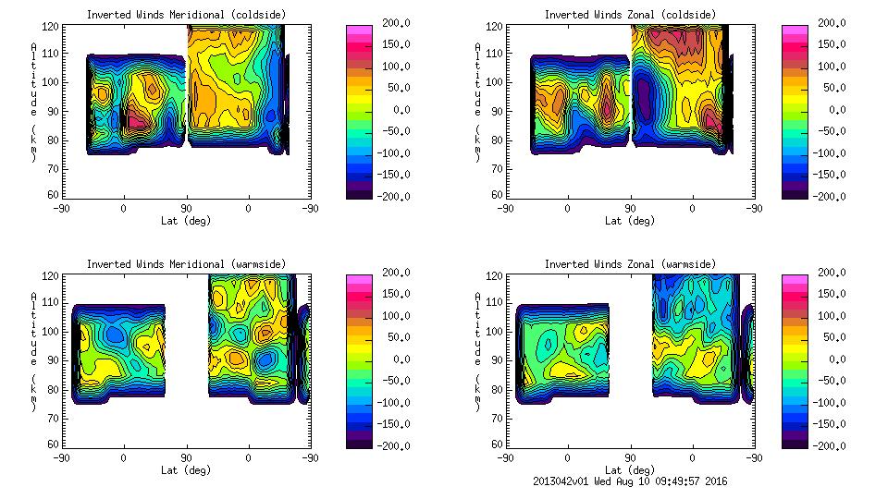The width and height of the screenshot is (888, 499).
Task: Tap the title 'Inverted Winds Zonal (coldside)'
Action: (630, 15)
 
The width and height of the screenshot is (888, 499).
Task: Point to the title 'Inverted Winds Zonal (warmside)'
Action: (630, 264)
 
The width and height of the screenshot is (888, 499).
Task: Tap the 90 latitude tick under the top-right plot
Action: (631, 208)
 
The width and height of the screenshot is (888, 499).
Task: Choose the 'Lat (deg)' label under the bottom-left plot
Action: (186, 470)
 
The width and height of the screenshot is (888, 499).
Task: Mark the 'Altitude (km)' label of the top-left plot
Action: (34, 102)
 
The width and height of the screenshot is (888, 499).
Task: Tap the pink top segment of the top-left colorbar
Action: (359, 30)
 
